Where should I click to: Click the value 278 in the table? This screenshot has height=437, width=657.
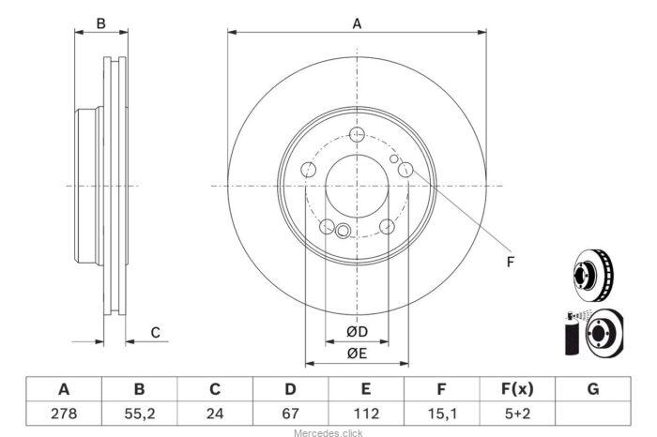[64, 414]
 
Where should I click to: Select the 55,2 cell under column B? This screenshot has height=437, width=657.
[140, 414]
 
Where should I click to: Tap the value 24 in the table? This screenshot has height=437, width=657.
[215, 414]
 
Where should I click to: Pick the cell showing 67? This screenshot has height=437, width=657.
[290, 414]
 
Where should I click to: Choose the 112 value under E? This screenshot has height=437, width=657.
[366, 414]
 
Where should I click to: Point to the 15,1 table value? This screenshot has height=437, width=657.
[441, 414]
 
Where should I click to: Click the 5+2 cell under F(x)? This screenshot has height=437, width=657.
[517, 414]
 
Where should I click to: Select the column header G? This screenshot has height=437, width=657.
[593, 389]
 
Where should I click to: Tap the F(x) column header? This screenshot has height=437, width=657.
[517, 389]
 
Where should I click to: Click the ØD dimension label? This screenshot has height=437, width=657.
[357, 332]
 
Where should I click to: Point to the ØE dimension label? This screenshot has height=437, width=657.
[357, 354]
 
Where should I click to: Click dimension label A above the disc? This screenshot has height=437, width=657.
[357, 23]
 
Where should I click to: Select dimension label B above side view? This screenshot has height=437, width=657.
[101, 23]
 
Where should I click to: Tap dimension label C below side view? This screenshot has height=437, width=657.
[156, 333]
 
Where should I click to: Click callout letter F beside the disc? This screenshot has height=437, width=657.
[510, 262]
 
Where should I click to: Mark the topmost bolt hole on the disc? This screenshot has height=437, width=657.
[357, 135]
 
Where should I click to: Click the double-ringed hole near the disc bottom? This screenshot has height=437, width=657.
[343, 230]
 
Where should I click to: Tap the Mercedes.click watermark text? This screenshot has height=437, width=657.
[328, 433]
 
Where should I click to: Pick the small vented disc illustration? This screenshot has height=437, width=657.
[593, 275]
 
